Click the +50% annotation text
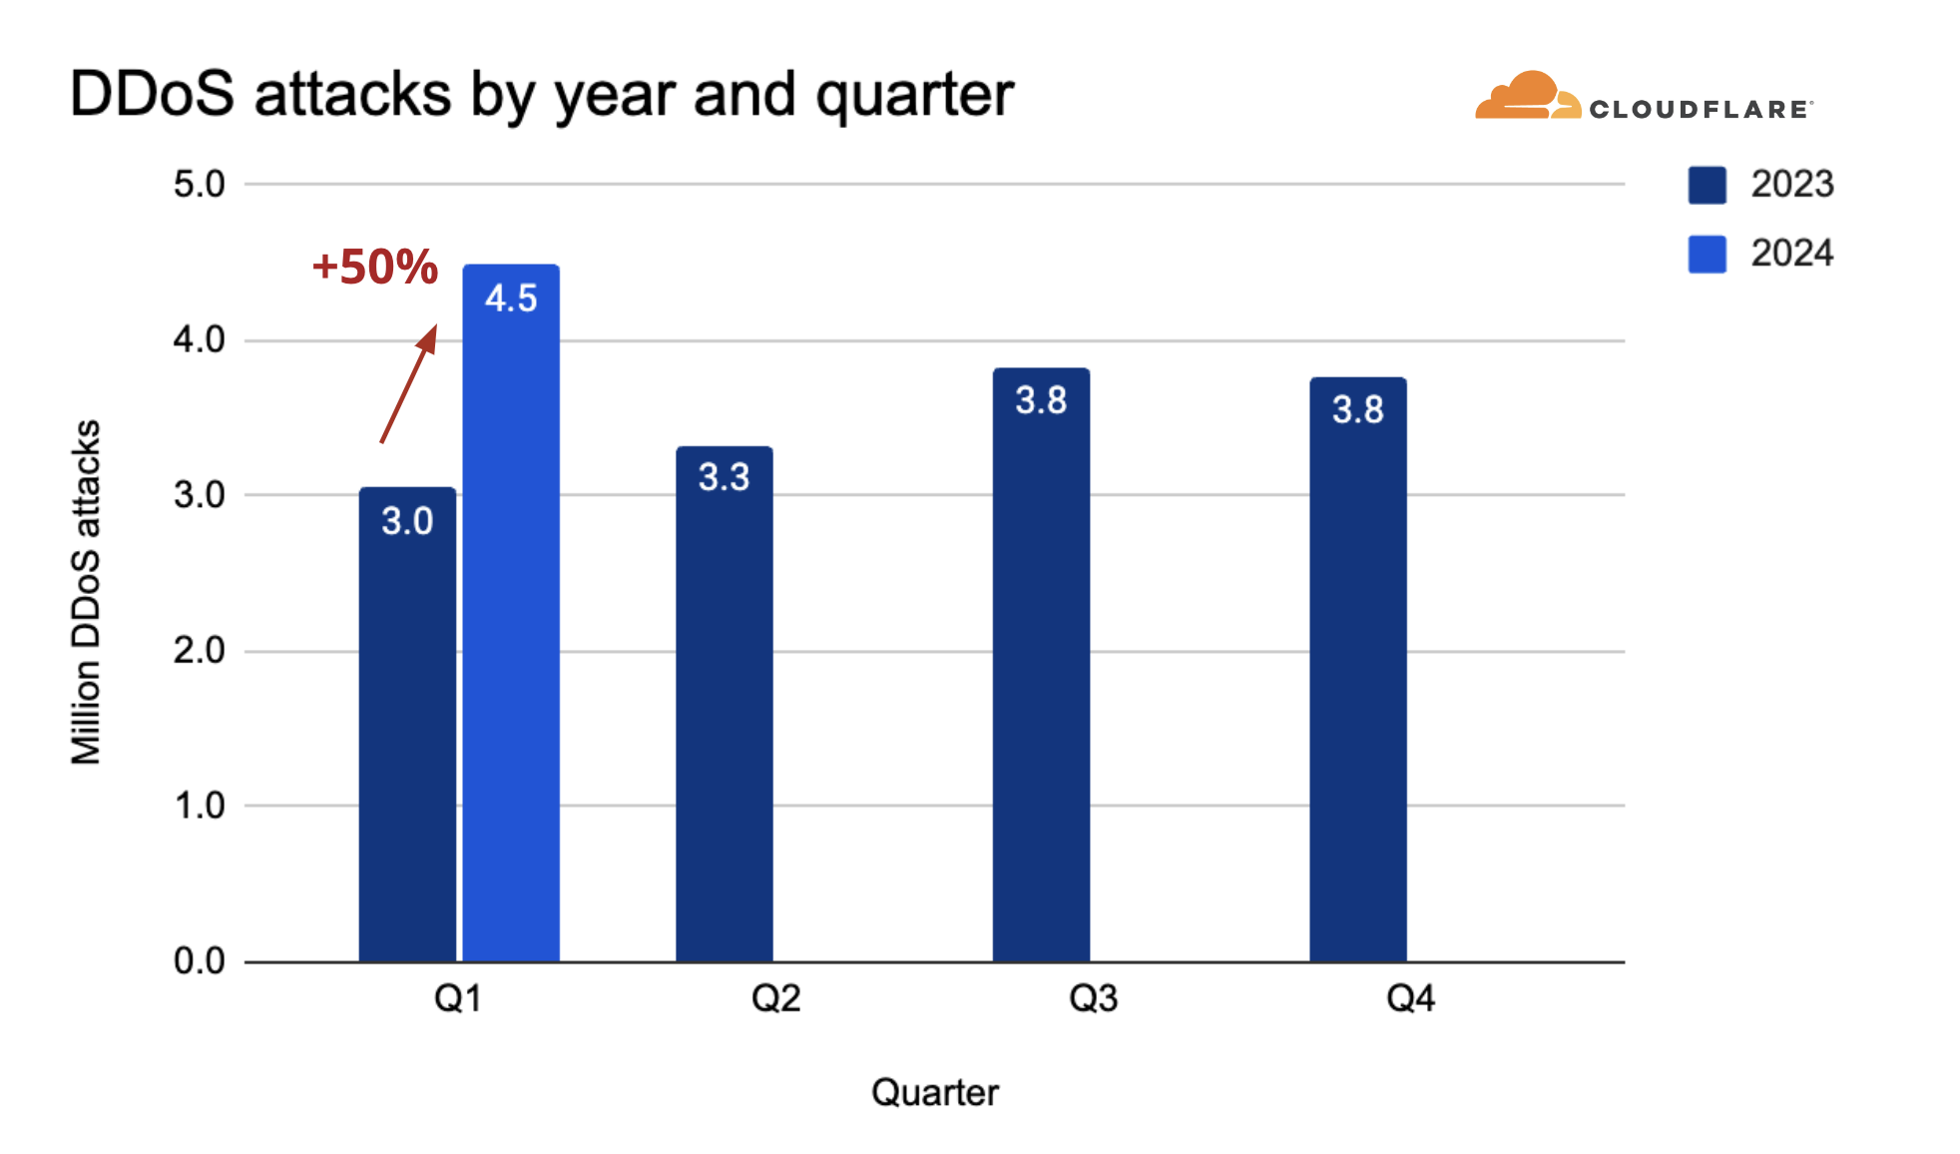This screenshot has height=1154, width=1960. pyautogui.click(x=375, y=267)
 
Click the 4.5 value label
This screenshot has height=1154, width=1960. pyautogui.click(x=511, y=298)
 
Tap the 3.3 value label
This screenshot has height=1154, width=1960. pyautogui.click(x=725, y=477)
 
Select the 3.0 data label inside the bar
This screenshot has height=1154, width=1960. pyautogui.click(x=407, y=521)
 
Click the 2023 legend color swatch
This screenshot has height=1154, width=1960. pyautogui.click(x=1708, y=185)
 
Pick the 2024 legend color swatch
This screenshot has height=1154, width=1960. pyautogui.click(x=1708, y=254)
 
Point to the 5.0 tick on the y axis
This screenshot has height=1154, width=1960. pyautogui.click(x=200, y=184)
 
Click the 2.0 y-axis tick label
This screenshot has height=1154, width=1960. pyautogui.click(x=200, y=651)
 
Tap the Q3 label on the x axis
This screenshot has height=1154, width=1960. pyautogui.click(x=1094, y=998)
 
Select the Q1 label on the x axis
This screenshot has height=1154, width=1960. pyautogui.click(x=458, y=998)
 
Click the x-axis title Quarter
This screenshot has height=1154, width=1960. pyautogui.click(x=935, y=1092)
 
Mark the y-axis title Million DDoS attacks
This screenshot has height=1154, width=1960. pyautogui.click(x=87, y=592)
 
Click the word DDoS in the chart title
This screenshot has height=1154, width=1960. pyautogui.click(x=153, y=95)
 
